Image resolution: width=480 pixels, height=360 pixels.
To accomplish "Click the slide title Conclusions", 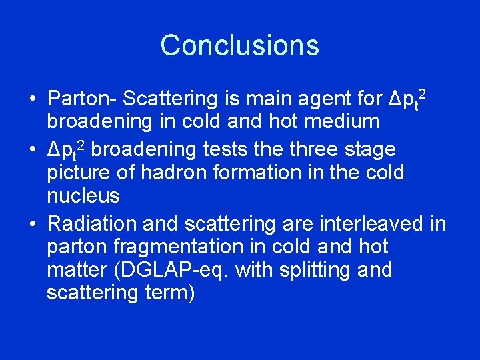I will point(239,45).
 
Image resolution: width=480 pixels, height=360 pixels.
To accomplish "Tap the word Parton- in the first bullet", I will point(82,99).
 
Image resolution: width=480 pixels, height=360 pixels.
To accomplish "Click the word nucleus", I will point(83,197).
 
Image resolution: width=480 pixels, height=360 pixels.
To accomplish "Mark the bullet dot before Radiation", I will point(32,223).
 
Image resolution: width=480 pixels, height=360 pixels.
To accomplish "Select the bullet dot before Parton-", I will point(32,99).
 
